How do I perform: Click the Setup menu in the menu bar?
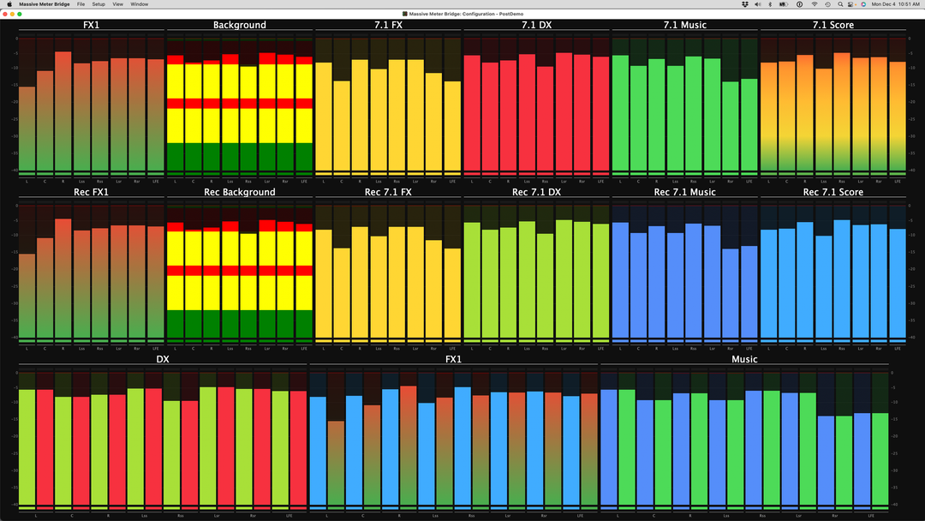point(98,4)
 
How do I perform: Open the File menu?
point(81,4)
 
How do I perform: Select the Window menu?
point(139,4)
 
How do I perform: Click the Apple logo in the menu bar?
point(7,4)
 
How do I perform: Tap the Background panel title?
point(240,25)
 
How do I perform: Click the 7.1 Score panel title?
point(832,25)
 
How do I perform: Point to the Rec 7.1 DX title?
point(536,192)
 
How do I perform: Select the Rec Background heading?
point(240,192)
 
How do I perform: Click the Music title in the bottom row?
point(744,359)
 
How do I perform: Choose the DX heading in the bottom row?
point(163,359)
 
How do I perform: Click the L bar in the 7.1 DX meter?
point(472,111)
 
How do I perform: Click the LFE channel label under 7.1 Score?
point(897,182)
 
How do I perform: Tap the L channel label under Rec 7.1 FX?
point(324,349)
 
